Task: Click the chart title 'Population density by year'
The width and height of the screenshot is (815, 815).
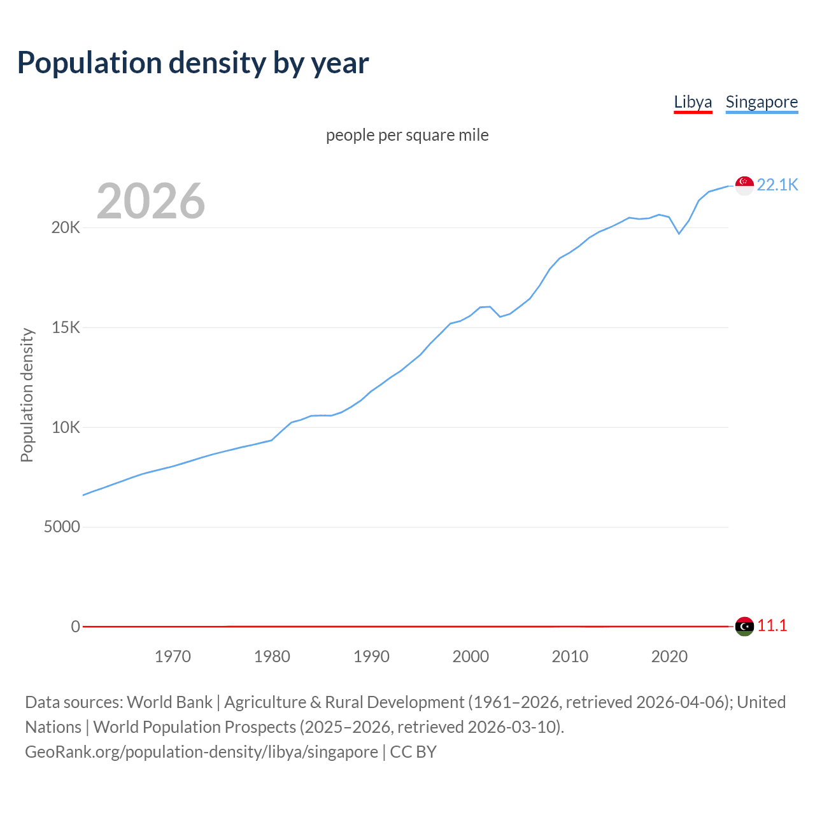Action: [193, 63]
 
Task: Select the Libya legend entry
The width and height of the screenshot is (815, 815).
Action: [693, 102]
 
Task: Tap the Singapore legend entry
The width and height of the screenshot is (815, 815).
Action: [762, 102]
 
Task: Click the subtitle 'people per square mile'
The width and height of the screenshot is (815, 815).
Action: [407, 135]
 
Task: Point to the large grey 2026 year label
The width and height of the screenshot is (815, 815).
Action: [151, 201]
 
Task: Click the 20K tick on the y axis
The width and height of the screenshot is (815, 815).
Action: [66, 228]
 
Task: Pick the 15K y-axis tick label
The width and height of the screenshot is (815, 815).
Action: [66, 328]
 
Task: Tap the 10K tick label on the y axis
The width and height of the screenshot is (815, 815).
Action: [66, 427]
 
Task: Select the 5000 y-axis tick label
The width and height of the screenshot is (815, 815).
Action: [62, 527]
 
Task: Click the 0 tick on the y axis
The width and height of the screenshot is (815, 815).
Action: [75, 627]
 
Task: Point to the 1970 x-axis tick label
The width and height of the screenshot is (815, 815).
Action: [173, 656]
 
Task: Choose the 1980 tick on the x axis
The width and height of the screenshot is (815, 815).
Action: [272, 656]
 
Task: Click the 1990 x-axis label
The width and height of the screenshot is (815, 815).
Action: [371, 656]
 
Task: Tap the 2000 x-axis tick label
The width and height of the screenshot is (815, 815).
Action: [471, 656]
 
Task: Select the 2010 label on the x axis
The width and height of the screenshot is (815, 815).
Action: [570, 656]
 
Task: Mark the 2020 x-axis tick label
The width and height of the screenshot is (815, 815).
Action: [669, 656]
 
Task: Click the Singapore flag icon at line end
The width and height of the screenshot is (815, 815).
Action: [744, 185]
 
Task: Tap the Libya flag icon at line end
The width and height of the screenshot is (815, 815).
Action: [744, 627]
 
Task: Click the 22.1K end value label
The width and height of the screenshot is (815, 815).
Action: [777, 185]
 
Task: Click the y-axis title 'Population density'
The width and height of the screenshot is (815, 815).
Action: [27, 395]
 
